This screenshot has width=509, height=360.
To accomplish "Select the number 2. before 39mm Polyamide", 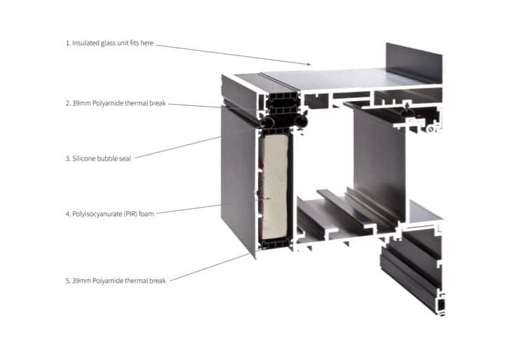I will click(67, 102).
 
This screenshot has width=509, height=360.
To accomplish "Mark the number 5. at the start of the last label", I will click(67, 281).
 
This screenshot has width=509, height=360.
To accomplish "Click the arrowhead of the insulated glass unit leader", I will click(308, 64).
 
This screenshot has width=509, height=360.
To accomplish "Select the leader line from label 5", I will click(210, 268).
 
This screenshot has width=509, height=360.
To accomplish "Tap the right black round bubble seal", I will click(301, 122).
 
